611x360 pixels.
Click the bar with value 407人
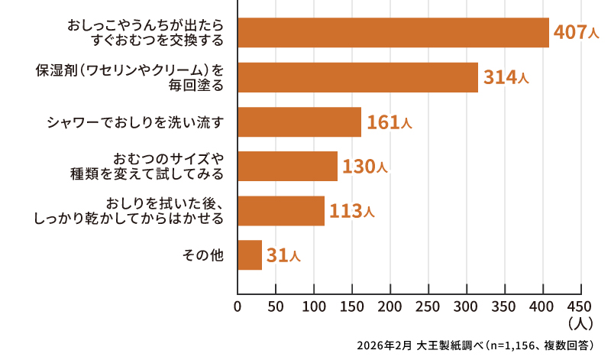tap(393, 33)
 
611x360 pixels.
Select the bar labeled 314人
tap(357, 77)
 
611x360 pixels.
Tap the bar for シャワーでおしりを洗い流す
tap(299, 122)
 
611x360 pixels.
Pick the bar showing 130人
tap(287, 166)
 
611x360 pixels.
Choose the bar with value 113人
tap(281, 211)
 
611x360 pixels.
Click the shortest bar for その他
tap(250, 255)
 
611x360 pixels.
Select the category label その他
tap(204, 255)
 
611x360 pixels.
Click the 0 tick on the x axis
tap(238, 307)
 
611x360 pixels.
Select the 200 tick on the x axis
tap(390, 307)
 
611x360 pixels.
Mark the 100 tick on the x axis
tap(314, 307)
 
